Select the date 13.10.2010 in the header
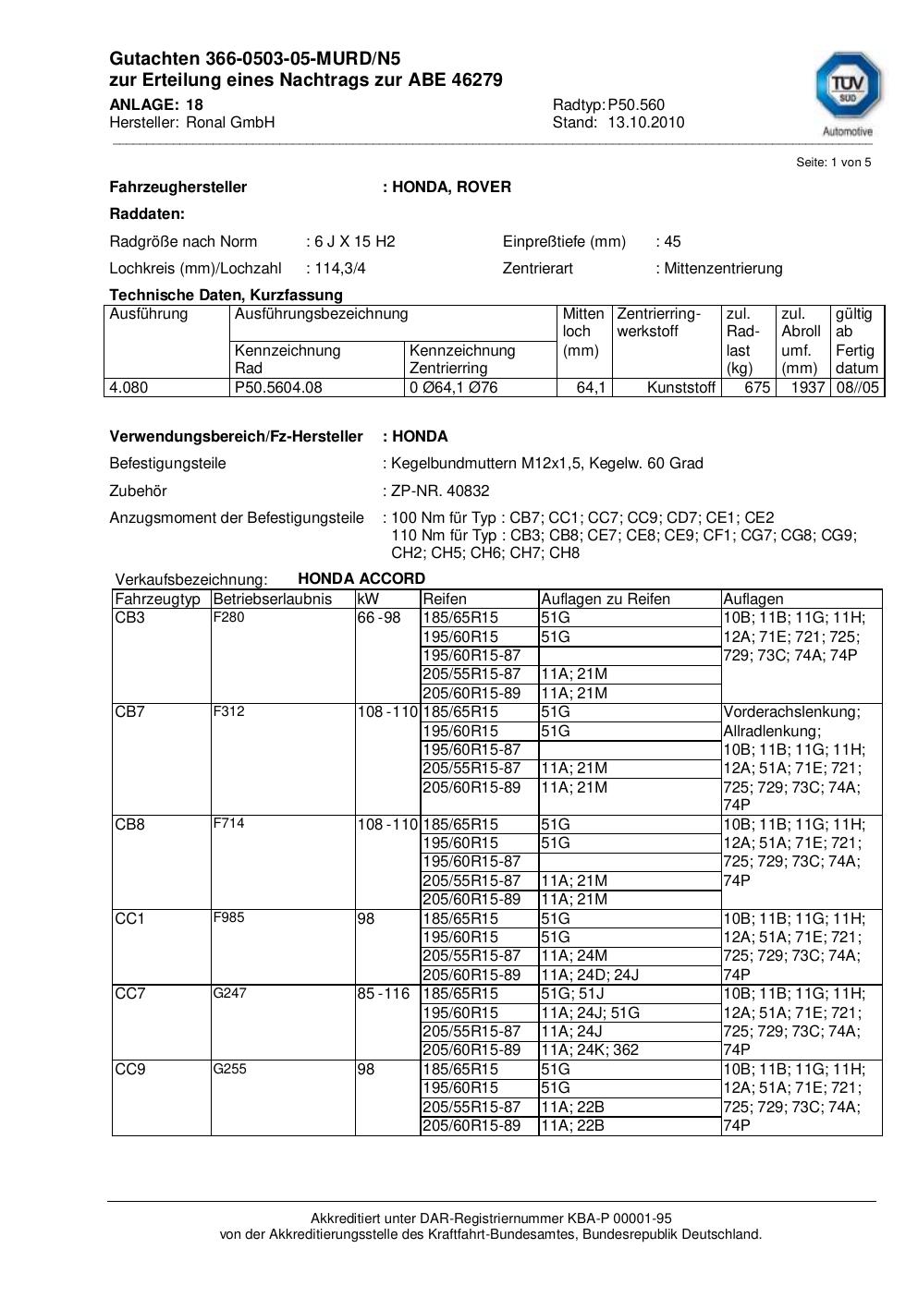coord(645,122)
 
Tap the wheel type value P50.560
coord(636,104)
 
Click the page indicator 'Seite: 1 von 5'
coord(833,163)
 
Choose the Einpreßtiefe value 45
coord(671,241)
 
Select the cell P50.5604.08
coord(278,387)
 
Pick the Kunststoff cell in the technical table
coord(681,387)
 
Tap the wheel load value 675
coord(757,387)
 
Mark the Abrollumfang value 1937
coord(807,387)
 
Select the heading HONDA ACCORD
coord(361,578)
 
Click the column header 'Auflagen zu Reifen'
coord(605,599)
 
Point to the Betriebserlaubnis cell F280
coord(228,617)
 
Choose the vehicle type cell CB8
coord(129,824)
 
